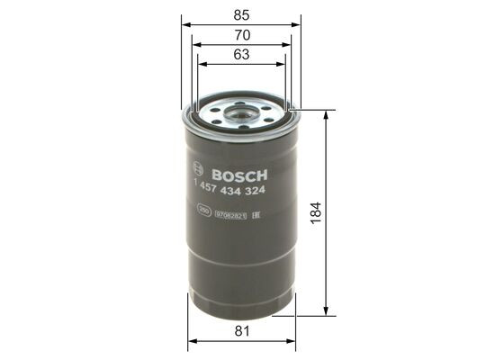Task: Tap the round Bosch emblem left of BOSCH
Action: point(198,173)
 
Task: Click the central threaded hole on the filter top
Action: point(240,113)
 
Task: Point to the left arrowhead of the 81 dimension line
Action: point(191,343)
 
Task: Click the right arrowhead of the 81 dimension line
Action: point(292,343)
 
